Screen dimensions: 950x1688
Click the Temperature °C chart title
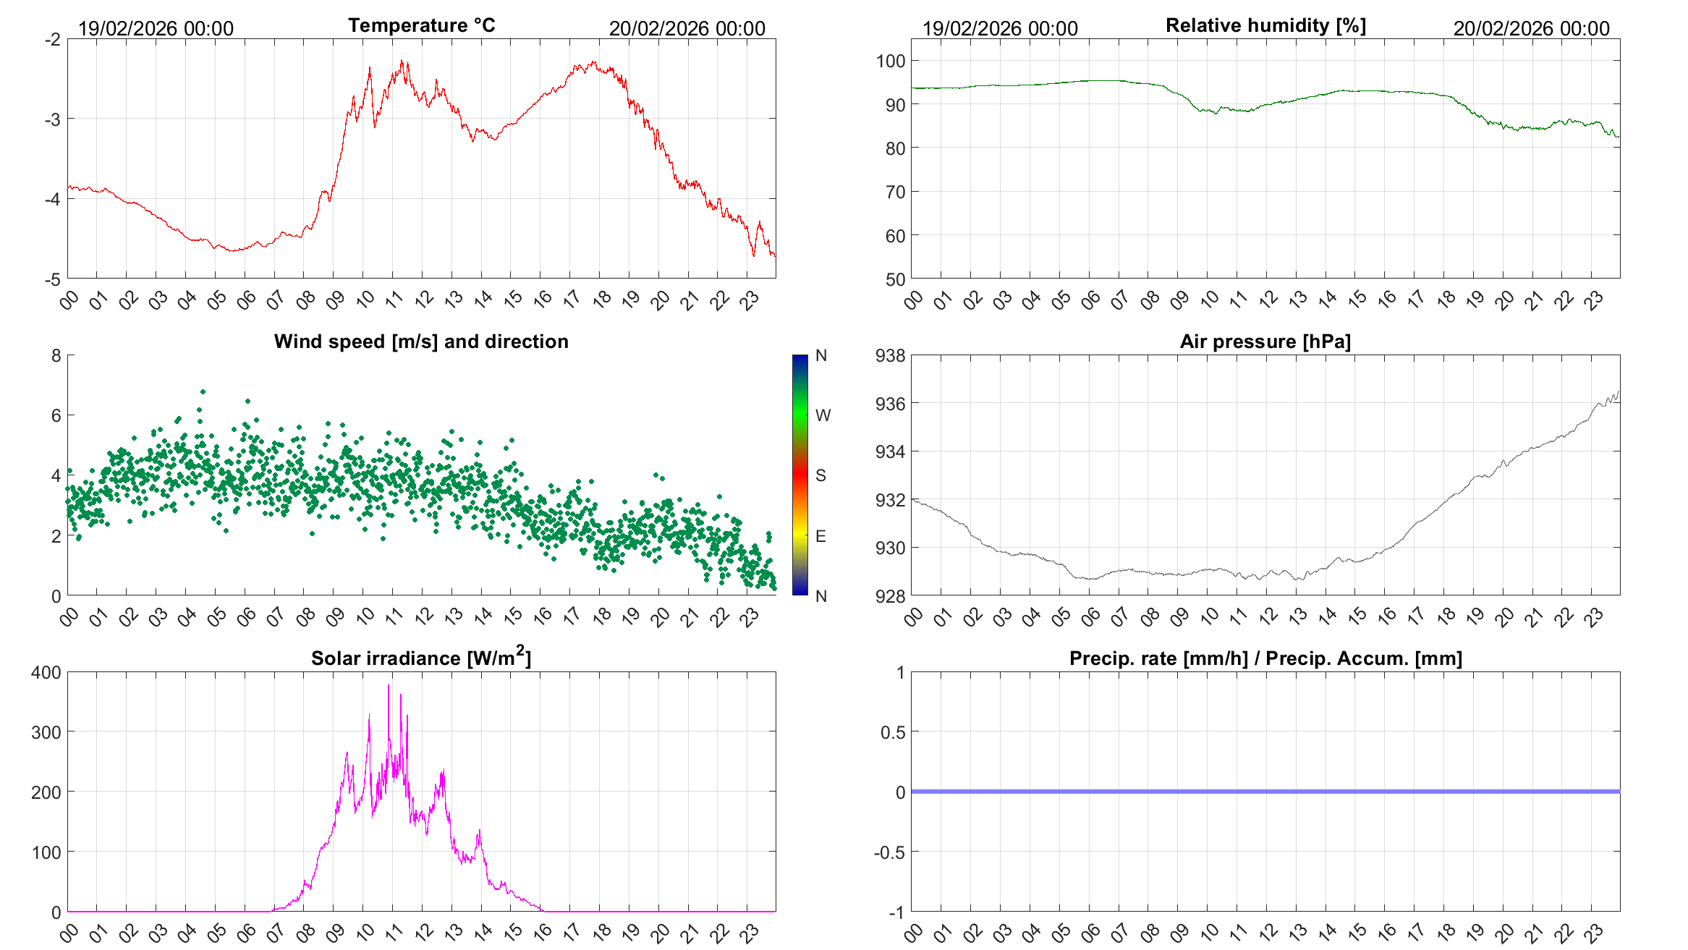point(421,25)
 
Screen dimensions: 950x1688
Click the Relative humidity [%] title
point(1265,25)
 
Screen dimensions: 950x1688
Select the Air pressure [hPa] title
point(1265,342)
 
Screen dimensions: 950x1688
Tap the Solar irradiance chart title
point(421,658)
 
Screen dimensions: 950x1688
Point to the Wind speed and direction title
point(421,342)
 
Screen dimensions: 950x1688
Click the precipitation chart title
point(1265,658)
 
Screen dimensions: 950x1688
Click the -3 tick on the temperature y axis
point(52,119)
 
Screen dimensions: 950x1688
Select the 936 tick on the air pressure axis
point(890,404)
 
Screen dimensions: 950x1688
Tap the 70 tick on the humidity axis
point(895,192)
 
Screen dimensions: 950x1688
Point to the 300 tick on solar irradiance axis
point(46,732)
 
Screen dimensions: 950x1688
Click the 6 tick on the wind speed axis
point(56,416)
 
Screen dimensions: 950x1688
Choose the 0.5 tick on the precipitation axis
point(893,732)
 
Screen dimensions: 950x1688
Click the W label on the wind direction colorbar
point(823,415)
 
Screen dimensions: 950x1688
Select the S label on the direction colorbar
point(820,475)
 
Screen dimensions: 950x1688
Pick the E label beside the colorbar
point(820,536)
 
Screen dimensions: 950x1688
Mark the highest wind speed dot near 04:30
point(203,391)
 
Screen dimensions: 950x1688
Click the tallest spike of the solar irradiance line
point(389,685)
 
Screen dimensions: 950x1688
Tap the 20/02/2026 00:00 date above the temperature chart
point(687,29)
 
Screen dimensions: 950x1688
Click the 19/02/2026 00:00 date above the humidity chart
point(1000,29)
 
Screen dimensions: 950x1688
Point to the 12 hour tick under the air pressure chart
point(1268,616)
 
